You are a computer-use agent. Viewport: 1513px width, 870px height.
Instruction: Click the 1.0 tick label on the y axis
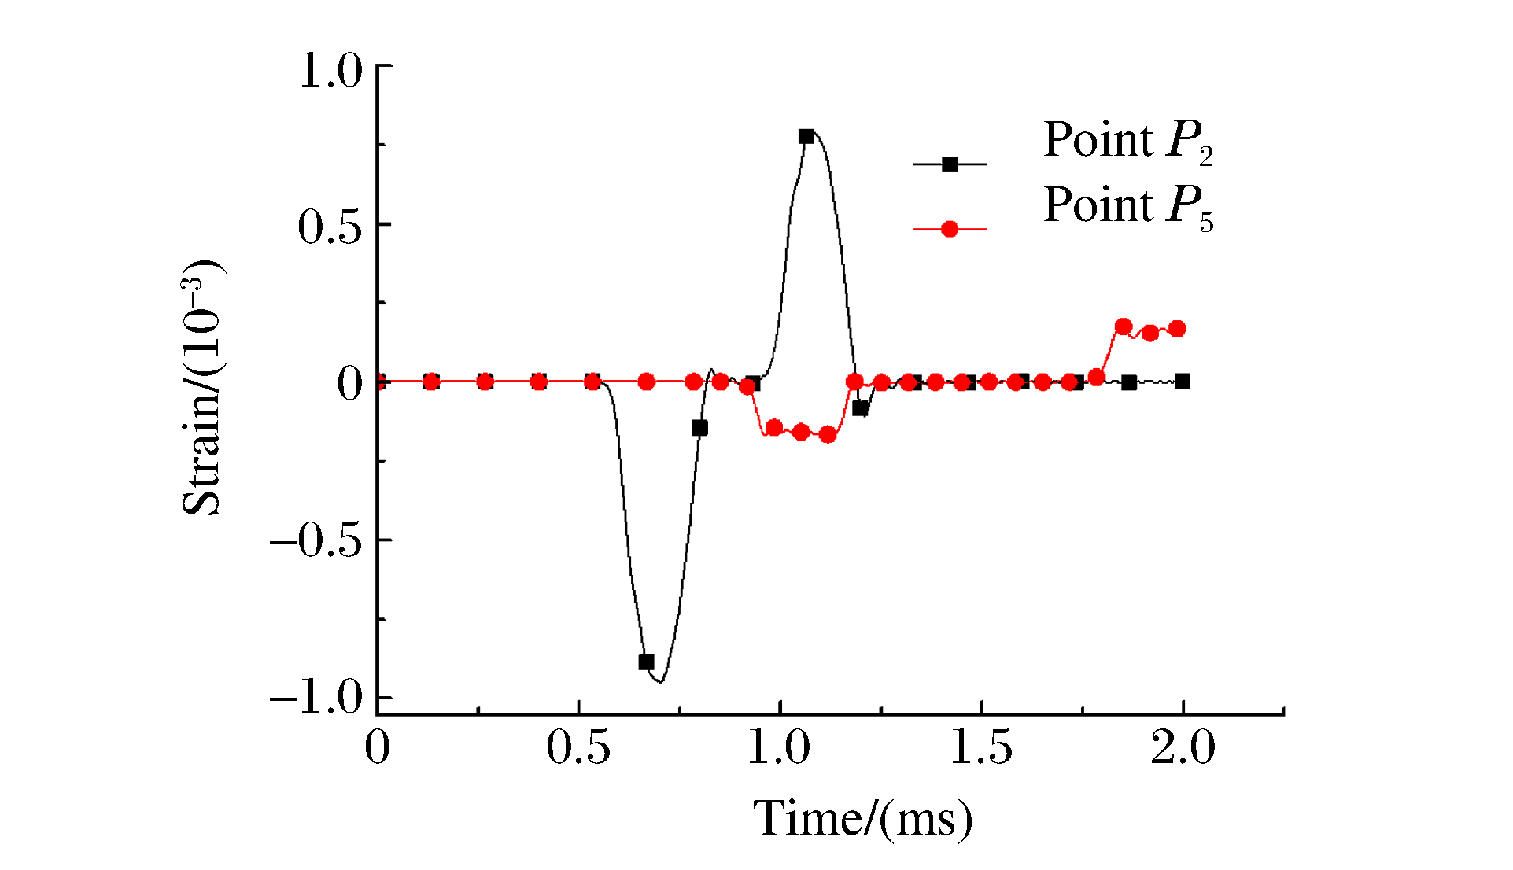330,71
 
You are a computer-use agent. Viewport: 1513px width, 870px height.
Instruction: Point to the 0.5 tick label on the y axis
330,227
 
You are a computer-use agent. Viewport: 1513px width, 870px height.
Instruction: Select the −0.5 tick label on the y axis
316,542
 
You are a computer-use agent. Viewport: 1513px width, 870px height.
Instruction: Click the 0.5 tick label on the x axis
578,747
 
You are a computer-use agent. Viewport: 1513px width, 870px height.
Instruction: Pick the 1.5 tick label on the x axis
981,747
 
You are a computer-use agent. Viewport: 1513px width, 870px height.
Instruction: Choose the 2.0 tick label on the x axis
1183,747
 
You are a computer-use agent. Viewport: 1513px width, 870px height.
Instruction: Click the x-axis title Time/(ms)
863,820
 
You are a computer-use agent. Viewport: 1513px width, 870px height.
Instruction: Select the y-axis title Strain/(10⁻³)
203,387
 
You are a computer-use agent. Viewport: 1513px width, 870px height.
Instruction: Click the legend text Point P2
1127,142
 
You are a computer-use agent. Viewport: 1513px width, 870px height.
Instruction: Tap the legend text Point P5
1127,207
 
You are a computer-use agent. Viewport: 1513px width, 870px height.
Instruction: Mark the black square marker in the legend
950,164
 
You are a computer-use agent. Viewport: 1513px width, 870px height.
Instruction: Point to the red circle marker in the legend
950,229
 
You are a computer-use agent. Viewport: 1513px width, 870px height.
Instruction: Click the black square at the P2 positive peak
806,136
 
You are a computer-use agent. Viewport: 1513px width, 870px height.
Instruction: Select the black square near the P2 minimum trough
646,662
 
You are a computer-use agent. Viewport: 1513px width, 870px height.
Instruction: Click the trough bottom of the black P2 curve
662,681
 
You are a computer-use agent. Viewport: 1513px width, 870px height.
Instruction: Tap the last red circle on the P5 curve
1177,329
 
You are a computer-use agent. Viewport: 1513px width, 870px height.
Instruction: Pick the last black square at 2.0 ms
1183,382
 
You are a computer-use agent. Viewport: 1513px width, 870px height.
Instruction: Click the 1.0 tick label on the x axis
779,747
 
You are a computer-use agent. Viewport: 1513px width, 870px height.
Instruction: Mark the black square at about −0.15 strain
699,428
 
